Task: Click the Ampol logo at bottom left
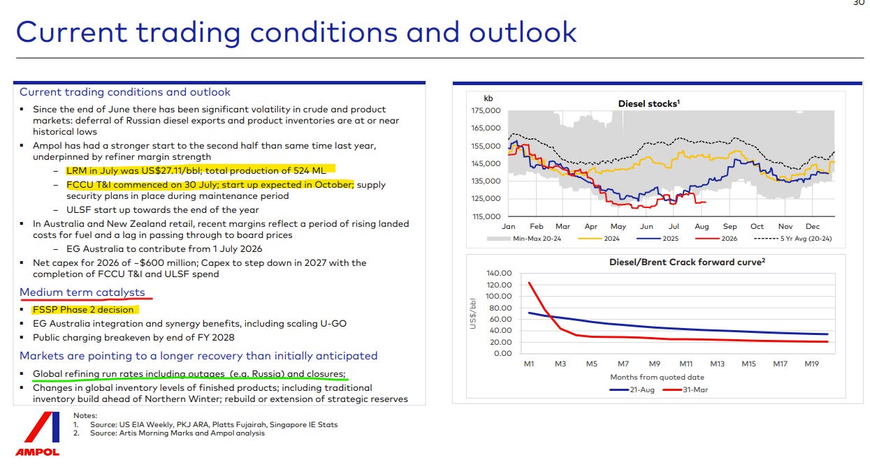pos(38,433)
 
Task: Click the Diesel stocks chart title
pos(648,103)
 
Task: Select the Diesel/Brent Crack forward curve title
pos(687,262)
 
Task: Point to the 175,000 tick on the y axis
pos(486,110)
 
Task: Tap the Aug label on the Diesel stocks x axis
pos(702,226)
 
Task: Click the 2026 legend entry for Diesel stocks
pos(716,239)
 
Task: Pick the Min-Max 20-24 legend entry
pos(524,239)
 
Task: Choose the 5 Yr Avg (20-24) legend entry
pos(792,239)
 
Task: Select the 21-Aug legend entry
pos(632,390)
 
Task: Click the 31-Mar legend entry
pos(686,390)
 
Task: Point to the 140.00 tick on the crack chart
pos(499,273)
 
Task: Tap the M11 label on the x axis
pos(686,364)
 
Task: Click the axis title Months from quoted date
pos(657,377)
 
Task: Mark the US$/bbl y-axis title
pos(472,313)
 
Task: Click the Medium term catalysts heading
pos(82,292)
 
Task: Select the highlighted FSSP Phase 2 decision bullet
pos(83,310)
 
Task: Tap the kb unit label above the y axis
pos(488,98)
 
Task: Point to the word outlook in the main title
pos(523,32)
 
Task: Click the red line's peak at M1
pos(529,283)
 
